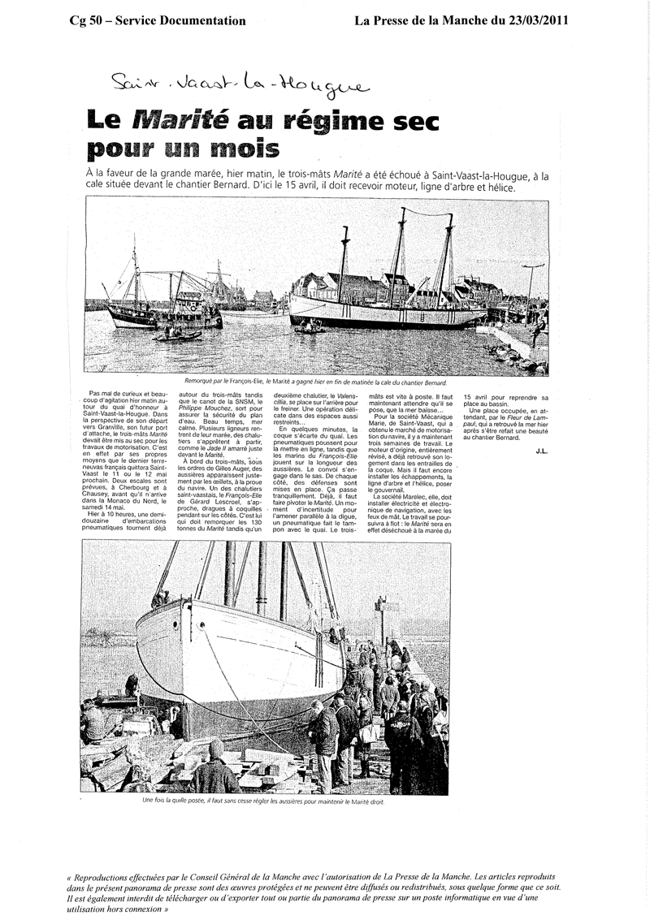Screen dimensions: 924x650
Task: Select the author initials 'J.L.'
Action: click(x=542, y=449)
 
